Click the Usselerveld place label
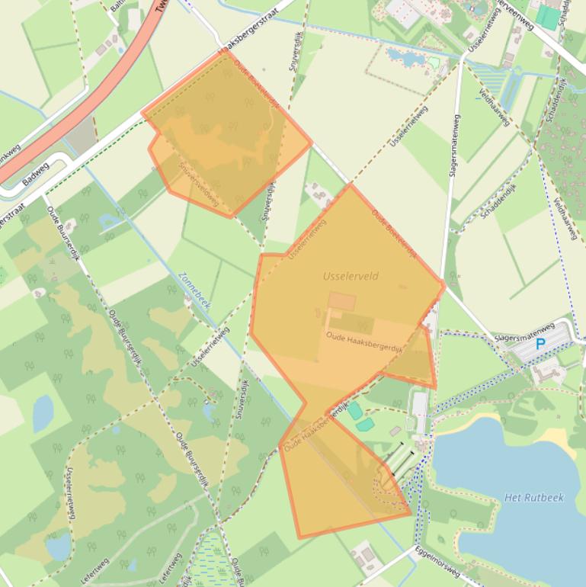[351, 276]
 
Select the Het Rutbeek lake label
[533, 498]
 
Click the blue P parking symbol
[540, 344]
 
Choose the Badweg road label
[35, 173]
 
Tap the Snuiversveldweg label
[198, 183]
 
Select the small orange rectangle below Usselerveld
[341, 302]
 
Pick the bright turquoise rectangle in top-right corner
[547, 18]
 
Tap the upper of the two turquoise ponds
[354, 410]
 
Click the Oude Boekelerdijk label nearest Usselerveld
[395, 233]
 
